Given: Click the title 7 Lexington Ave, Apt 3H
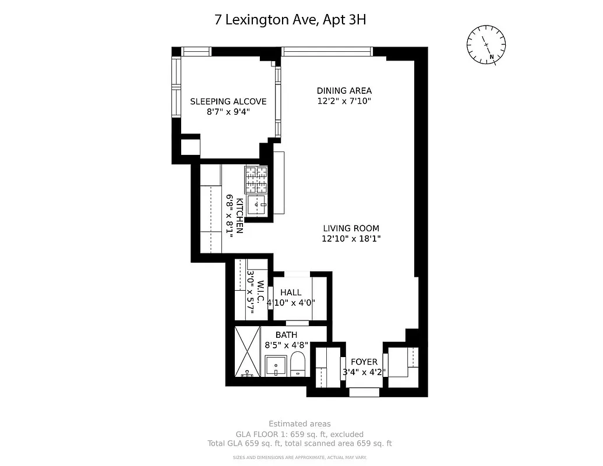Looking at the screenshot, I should pyautogui.click(x=290, y=20).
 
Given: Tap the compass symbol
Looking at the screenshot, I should pyautogui.click(x=486, y=45).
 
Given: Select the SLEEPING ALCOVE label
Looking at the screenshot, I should pyautogui.click(x=228, y=101).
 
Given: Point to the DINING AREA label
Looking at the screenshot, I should pyautogui.click(x=344, y=90).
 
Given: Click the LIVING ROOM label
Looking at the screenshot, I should pyautogui.click(x=351, y=228).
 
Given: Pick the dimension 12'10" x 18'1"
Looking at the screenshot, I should pyautogui.click(x=351, y=239).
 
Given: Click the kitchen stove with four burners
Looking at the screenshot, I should pyautogui.click(x=255, y=180).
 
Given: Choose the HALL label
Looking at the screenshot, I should pyautogui.click(x=291, y=292).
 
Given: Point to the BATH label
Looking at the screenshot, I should pyautogui.click(x=286, y=335).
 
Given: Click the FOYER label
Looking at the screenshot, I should pyautogui.click(x=364, y=362).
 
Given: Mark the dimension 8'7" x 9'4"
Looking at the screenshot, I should pyautogui.click(x=228, y=112).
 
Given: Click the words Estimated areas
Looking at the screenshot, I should pyautogui.click(x=299, y=423).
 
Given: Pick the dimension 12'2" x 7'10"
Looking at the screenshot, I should pyautogui.click(x=344, y=101).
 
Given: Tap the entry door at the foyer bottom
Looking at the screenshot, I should pyautogui.click(x=364, y=392).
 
